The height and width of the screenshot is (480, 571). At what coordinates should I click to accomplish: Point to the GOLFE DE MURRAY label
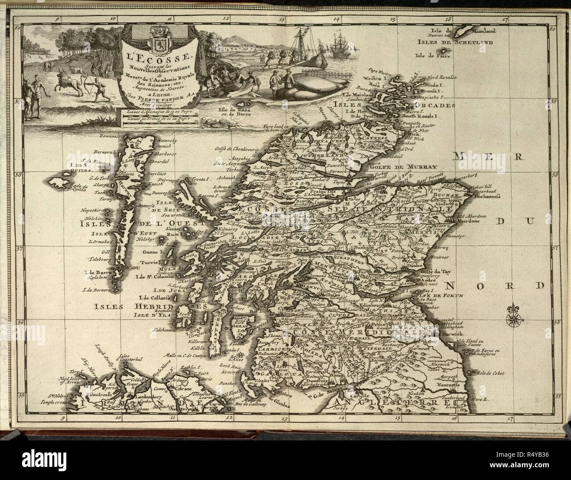411,167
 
